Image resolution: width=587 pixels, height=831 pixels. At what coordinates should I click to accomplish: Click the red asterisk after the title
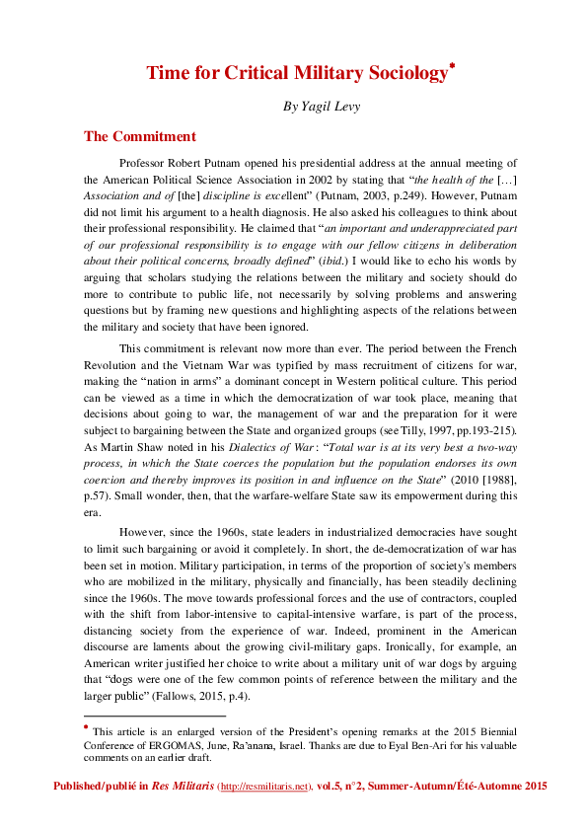point(452,67)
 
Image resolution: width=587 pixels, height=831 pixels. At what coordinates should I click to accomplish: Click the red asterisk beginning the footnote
point(87,726)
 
